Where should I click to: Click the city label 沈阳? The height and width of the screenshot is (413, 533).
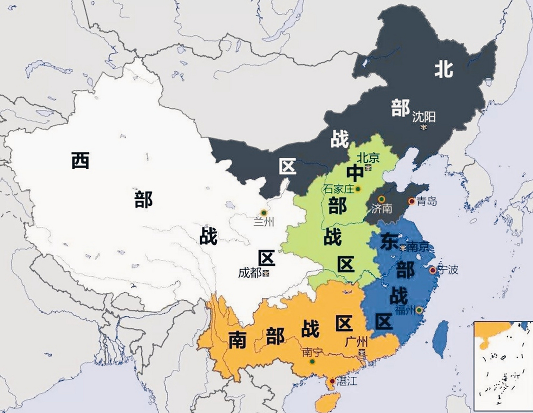(424, 117)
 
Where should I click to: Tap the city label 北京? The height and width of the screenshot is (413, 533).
(368, 158)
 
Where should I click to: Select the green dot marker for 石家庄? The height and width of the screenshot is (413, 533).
(358, 189)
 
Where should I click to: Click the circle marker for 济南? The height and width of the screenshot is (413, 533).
(381, 199)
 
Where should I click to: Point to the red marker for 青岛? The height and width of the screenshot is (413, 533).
(412, 202)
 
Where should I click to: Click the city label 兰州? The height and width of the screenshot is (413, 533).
(264, 222)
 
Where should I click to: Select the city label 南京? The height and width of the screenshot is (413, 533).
(418, 247)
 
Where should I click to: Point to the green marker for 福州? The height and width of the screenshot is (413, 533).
(419, 310)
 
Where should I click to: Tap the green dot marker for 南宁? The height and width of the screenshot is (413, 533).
(312, 361)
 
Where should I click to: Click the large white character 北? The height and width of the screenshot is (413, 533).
(444, 69)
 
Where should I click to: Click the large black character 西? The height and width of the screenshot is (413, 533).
(80, 160)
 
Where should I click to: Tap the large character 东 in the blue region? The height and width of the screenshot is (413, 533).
(389, 242)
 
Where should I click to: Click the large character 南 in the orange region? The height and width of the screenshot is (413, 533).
(238, 340)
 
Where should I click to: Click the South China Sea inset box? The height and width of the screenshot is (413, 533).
(503, 366)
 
